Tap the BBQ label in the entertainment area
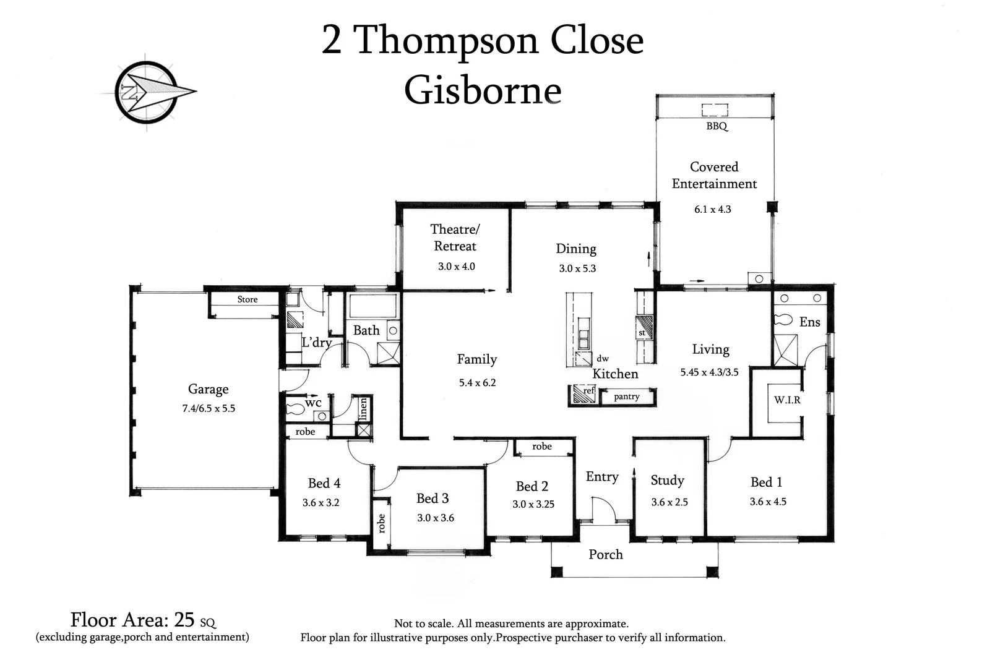click(x=717, y=126)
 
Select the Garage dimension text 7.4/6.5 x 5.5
click(x=209, y=408)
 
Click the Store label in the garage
click(x=247, y=299)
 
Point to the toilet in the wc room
click(x=296, y=408)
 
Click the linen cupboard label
click(x=364, y=408)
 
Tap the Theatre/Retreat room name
click(x=455, y=238)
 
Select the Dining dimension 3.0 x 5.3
click(x=577, y=268)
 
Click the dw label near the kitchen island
click(x=602, y=358)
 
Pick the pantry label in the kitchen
click(x=626, y=396)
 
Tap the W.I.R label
click(x=787, y=400)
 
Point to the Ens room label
click(x=809, y=322)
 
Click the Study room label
click(x=667, y=480)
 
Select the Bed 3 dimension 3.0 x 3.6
click(x=435, y=518)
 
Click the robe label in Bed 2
click(x=541, y=446)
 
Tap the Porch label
click(x=605, y=554)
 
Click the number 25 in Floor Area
click(x=184, y=619)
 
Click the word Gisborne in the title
click(x=483, y=90)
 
